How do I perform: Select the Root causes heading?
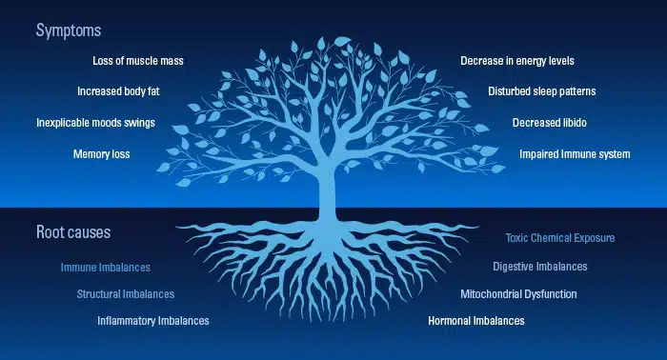click(72, 231)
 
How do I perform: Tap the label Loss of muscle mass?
click(138, 61)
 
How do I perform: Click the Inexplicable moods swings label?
click(95, 123)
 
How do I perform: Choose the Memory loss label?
click(101, 153)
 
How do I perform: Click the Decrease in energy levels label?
click(517, 61)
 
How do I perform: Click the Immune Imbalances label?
click(106, 268)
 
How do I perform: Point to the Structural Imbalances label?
click(126, 294)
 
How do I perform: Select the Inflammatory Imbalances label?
click(152, 321)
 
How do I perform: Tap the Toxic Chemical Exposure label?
click(560, 237)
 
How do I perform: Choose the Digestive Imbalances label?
click(540, 267)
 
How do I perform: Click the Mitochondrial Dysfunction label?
click(518, 294)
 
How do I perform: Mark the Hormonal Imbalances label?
click(476, 321)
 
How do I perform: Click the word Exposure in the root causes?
click(592, 237)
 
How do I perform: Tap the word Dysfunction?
click(549, 294)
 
